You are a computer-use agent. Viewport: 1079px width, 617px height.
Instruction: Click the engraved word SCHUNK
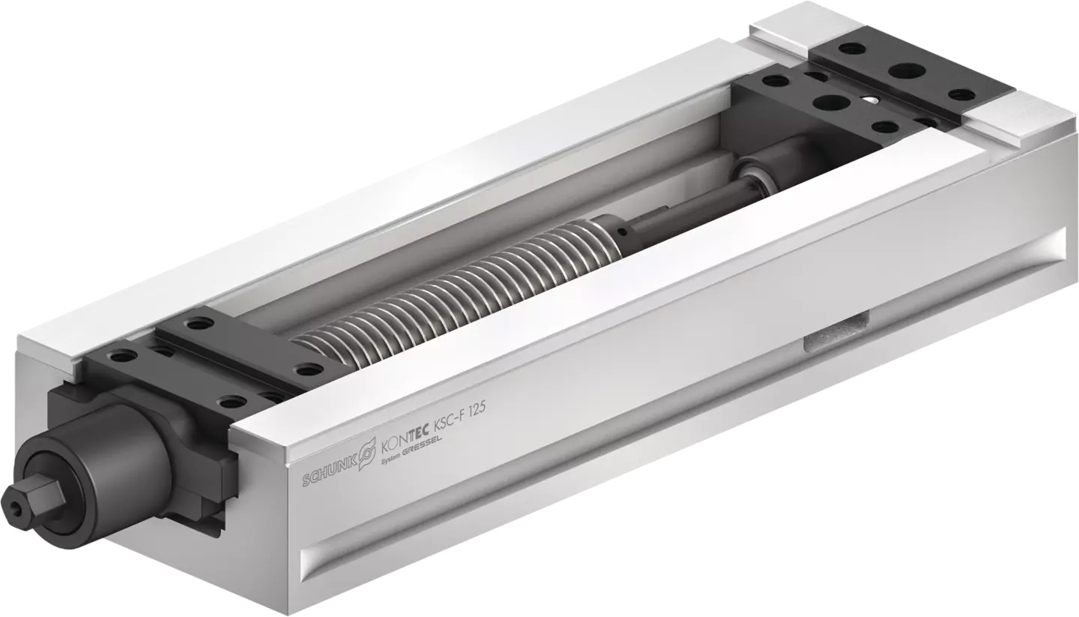[x=329, y=472]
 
